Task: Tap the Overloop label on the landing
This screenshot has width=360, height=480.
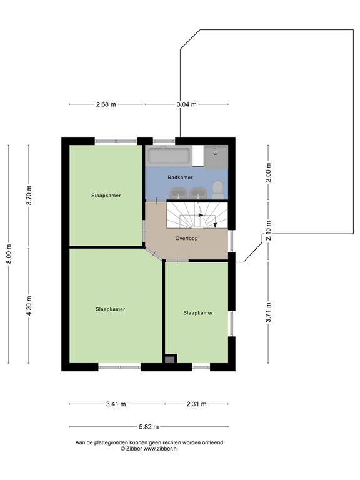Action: [186, 238]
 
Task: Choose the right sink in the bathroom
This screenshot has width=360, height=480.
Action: [197, 192]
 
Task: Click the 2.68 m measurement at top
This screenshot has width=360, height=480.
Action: [106, 104]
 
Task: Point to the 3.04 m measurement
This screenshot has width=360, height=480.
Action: [186, 104]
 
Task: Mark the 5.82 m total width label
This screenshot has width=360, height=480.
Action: [149, 427]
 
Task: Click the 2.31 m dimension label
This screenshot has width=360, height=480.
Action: [196, 404]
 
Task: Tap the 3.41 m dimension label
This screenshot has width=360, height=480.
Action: [116, 404]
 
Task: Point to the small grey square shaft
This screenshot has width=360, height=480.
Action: [169, 359]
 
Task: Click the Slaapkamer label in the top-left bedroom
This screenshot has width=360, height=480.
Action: [105, 195]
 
